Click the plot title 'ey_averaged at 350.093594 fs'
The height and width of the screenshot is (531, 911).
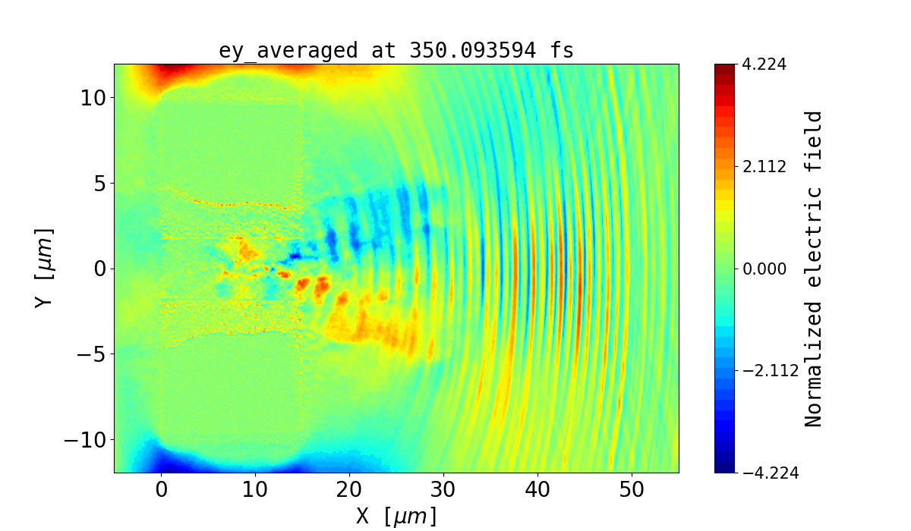click(396, 51)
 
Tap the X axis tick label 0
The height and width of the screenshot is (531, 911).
click(162, 490)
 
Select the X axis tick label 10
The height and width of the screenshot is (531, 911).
click(255, 490)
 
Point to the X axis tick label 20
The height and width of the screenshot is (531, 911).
click(349, 490)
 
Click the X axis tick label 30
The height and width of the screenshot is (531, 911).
click(443, 490)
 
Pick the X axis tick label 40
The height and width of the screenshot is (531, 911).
click(537, 490)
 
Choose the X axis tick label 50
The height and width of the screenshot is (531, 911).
click(632, 490)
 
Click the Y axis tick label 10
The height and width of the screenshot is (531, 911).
click(91, 98)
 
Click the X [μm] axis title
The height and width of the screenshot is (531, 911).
click(396, 516)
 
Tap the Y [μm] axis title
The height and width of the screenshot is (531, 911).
click(43, 267)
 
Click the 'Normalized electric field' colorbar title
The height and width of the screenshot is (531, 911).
click(814, 269)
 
